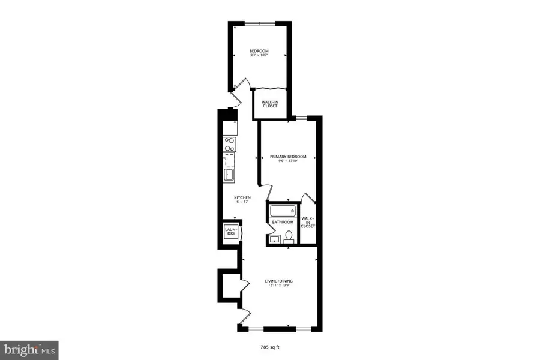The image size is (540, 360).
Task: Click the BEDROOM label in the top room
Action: point(259,50)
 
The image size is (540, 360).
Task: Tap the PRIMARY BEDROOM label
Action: point(288,157)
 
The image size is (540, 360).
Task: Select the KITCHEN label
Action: point(242,198)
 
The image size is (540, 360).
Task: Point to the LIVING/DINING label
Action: point(279,281)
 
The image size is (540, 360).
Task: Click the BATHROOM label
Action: point(283,222)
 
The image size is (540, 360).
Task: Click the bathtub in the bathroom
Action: point(282,211)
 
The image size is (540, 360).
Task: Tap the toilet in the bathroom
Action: point(289,237)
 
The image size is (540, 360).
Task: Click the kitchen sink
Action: point(229,175)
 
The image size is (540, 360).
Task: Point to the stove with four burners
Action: point(229,144)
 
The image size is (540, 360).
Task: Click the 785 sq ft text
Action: point(270,347)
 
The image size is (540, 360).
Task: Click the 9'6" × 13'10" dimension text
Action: point(288,161)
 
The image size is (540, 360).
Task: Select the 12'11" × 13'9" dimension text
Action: point(279,286)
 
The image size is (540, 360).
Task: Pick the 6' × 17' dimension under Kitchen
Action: point(242,202)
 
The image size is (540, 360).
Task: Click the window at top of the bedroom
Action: point(259,23)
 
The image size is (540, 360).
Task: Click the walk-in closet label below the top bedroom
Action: point(270,104)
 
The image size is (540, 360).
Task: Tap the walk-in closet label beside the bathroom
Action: point(307,222)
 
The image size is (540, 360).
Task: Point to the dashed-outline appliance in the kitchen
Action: point(229,159)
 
